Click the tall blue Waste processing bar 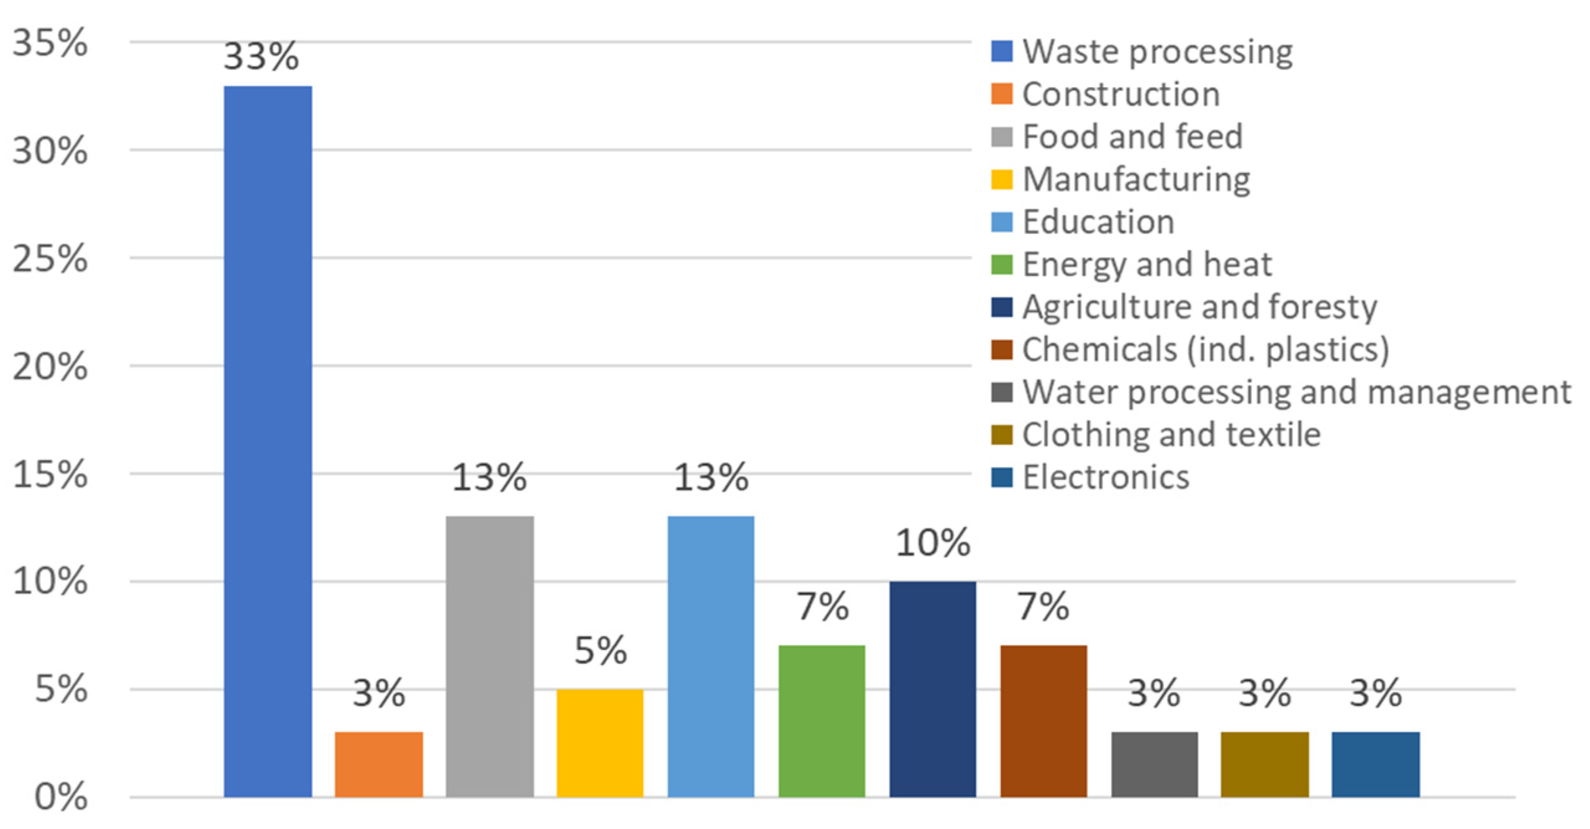pyautogui.click(x=268, y=441)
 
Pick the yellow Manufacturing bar pyautogui.click(x=600, y=743)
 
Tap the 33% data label pyautogui.click(x=261, y=57)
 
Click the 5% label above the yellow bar pyautogui.click(x=600, y=651)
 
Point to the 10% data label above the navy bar pyautogui.click(x=932, y=543)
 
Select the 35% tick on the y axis pyautogui.click(x=50, y=43)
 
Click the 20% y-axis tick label pyautogui.click(x=50, y=366)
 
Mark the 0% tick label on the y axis pyautogui.click(x=60, y=797)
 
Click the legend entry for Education pyautogui.click(x=1098, y=222)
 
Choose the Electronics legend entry pyautogui.click(x=1106, y=477)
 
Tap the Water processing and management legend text pyautogui.click(x=1296, y=392)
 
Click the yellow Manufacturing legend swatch pyautogui.click(x=1001, y=179)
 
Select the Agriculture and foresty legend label pyautogui.click(x=1199, y=307)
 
